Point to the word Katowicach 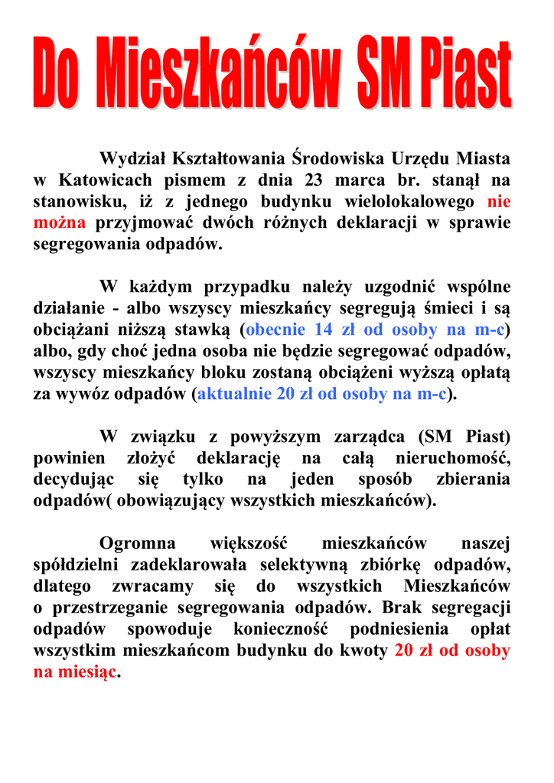pyautogui.click(x=103, y=181)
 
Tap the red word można pyautogui.click(x=60, y=224)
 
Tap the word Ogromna pyautogui.click(x=137, y=544)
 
